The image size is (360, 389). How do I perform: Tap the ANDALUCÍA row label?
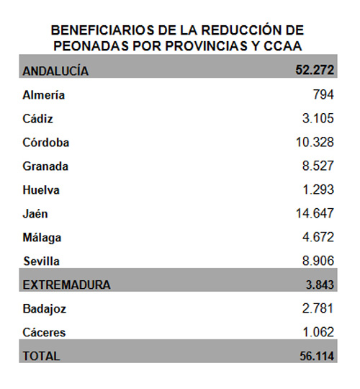coord(55,71)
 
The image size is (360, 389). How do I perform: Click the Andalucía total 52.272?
coord(315,70)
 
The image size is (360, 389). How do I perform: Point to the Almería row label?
coord(44,95)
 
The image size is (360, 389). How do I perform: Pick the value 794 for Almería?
coord(323,94)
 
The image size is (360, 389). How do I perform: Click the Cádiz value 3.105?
coord(318,118)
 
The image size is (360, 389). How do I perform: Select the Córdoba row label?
coord(46,143)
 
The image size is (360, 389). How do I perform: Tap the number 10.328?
coord(315,142)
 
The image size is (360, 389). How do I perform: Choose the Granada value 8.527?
coord(318,166)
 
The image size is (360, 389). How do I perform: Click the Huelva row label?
coord(41,190)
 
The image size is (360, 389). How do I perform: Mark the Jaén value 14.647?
coord(315,213)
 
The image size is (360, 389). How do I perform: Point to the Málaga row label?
coord(42,238)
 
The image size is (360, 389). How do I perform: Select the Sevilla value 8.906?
coord(318,261)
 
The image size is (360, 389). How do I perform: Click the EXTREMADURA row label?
coord(66,285)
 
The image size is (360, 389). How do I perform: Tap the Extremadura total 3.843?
coord(320,285)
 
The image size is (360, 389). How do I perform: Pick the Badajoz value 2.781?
coord(318,308)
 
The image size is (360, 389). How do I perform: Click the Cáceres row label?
coord(44,332)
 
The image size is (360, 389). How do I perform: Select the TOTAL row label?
coord(42,356)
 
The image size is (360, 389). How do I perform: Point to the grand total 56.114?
coord(317,356)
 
